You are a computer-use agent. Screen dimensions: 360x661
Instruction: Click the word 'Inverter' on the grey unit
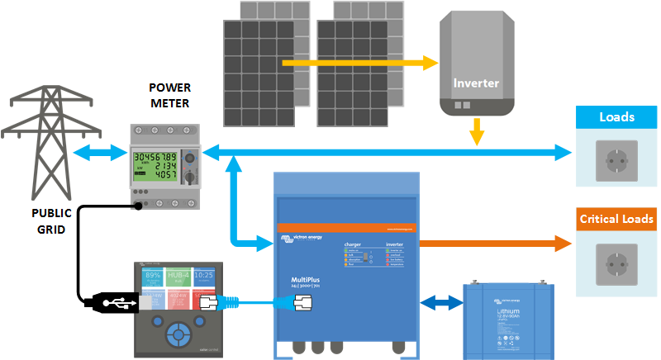tap(477, 83)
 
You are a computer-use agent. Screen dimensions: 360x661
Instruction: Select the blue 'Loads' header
tap(617, 117)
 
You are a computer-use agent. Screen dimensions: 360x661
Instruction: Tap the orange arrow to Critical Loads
tap(496, 244)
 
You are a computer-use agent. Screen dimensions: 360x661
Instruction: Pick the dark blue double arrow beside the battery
tap(440, 303)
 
